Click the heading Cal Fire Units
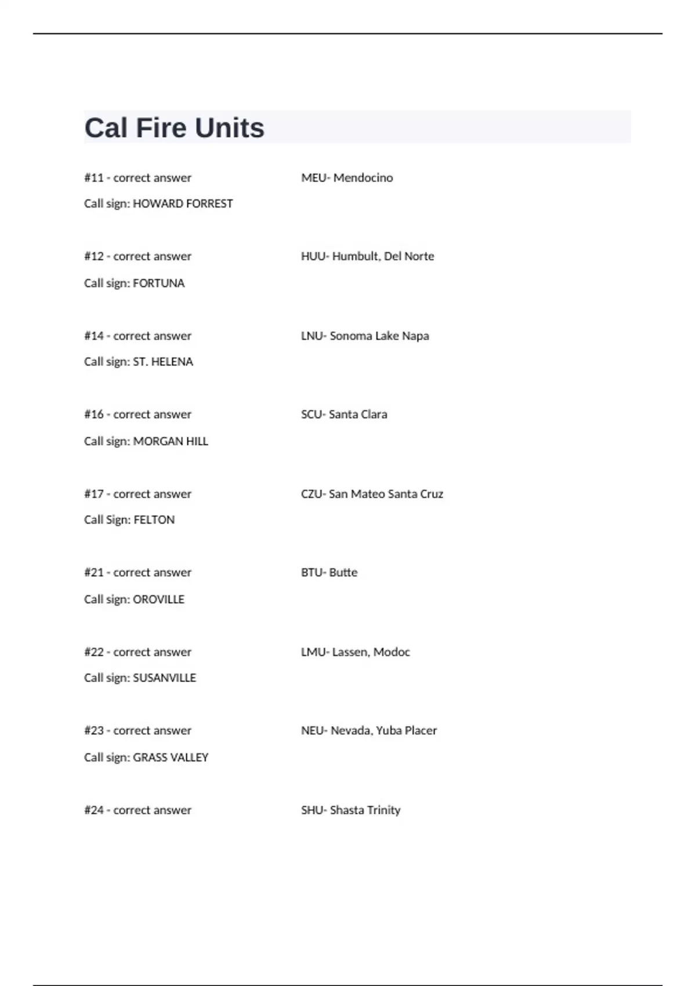coord(174,128)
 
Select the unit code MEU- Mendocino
coord(347,177)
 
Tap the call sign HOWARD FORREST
coord(183,204)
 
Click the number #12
coord(94,256)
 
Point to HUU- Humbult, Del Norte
coord(367,256)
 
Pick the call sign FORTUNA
coord(158,283)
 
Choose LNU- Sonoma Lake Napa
coord(365,336)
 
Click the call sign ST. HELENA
coord(163,362)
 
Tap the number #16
coord(94,415)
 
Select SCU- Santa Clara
coord(344,415)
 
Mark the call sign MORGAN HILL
coord(171,441)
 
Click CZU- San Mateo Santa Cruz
coord(372,494)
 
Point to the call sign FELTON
coord(154,520)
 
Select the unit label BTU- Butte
coord(329,572)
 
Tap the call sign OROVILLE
coord(158,599)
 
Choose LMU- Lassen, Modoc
coord(355,652)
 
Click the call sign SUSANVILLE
coord(164,678)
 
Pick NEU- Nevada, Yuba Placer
coord(369,731)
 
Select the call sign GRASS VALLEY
coord(171,757)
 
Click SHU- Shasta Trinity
coord(350,810)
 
